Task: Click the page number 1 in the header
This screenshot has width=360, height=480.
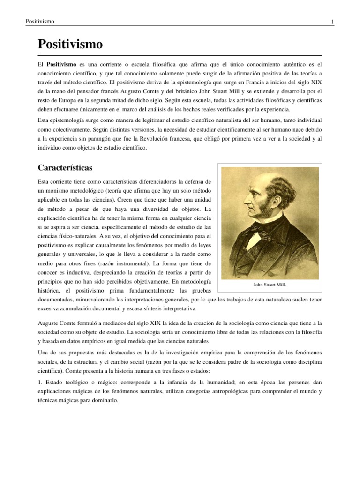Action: coord(331,22)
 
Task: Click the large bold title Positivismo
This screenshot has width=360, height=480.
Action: coord(70,45)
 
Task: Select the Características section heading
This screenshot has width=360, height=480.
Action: coord(68,168)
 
